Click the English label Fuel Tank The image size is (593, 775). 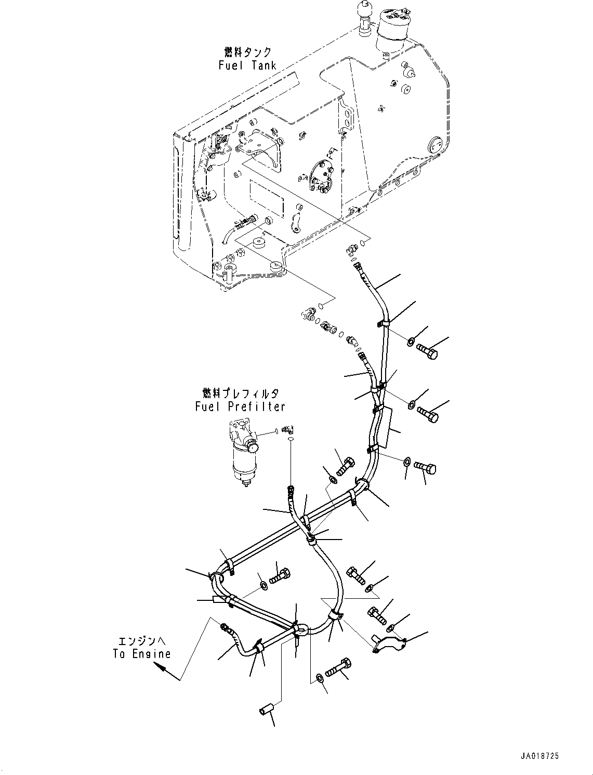click(247, 65)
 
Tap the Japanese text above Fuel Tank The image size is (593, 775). click(248, 52)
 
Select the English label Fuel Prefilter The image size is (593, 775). click(240, 406)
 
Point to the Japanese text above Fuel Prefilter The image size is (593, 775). click(240, 393)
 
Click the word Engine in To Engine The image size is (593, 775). click(151, 654)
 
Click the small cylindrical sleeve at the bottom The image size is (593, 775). click(266, 710)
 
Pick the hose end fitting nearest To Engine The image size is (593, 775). click(226, 627)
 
